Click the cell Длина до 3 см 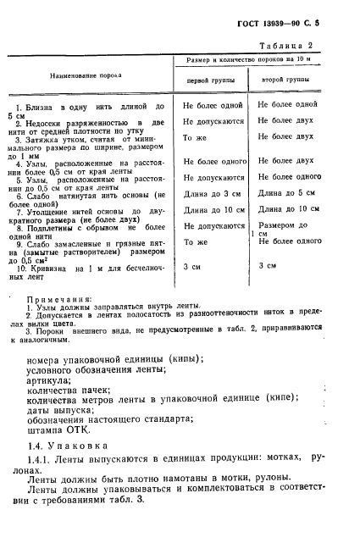click(x=211, y=193)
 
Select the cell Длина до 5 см click(x=288, y=193)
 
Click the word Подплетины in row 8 click(x=56, y=227)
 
